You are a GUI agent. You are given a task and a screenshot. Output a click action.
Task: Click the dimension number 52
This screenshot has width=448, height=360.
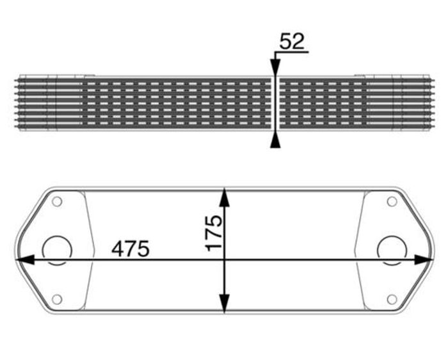click(292, 41)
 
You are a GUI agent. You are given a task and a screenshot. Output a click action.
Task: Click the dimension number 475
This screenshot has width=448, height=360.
click(131, 249)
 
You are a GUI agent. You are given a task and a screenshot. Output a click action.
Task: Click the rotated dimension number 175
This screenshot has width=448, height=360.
click(214, 233)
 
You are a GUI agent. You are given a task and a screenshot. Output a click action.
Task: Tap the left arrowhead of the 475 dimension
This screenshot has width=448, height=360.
click(24, 259)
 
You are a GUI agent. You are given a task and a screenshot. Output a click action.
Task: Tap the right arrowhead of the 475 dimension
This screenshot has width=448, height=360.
click(423, 259)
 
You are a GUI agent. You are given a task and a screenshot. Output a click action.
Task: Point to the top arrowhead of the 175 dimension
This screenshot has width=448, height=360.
click(225, 197)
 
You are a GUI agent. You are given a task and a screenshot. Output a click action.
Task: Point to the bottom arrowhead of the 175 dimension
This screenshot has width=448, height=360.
click(225, 304)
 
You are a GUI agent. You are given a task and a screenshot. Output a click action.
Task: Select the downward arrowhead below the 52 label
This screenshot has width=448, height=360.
click(275, 67)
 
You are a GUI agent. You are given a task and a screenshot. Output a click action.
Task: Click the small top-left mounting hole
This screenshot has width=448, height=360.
click(57, 201)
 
